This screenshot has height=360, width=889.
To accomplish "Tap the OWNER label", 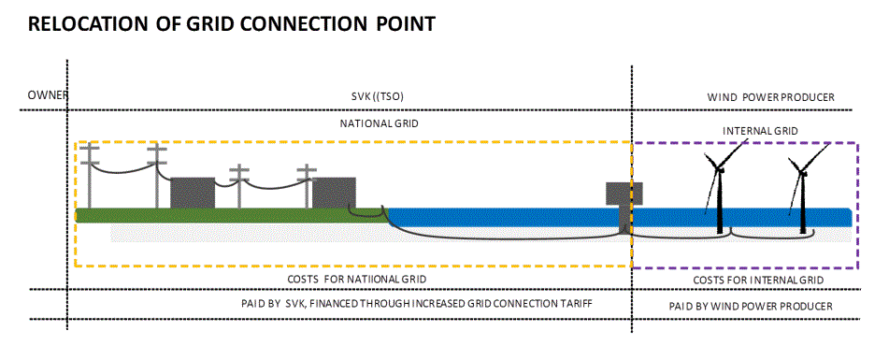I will tap(46, 96).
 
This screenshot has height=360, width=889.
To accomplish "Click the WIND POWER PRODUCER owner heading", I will tap(770, 97).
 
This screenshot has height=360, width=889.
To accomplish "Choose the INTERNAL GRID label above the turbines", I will tap(760, 131).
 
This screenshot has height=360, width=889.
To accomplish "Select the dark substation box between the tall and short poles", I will tap(193, 193).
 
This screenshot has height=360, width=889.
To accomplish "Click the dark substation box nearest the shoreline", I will tap(334, 194).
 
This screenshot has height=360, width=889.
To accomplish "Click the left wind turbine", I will tap(719, 192).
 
